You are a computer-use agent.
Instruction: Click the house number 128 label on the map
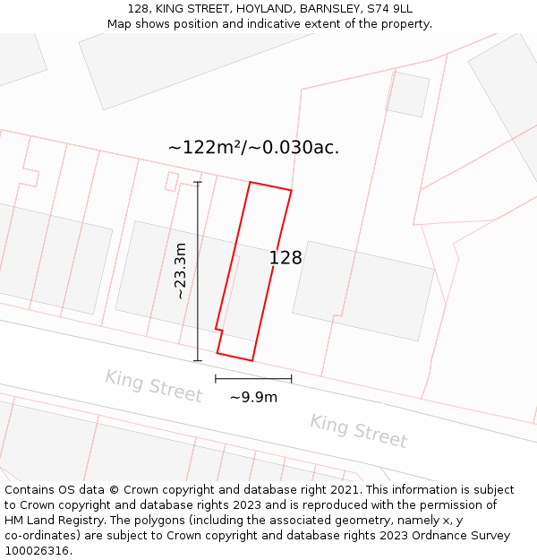click(x=286, y=258)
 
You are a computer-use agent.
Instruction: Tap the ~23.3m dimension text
click(x=180, y=271)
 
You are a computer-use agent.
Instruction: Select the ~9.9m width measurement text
click(x=253, y=397)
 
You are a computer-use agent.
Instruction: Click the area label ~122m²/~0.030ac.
click(x=253, y=148)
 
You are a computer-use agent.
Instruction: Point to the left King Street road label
click(x=153, y=386)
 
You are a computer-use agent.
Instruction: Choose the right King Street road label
click(x=358, y=431)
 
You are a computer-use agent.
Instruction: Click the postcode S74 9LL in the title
click(x=390, y=9)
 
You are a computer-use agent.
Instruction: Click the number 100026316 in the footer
click(x=37, y=551)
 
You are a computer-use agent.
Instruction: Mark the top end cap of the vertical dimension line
click(x=198, y=183)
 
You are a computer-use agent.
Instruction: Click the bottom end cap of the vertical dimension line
click(x=198, y=361)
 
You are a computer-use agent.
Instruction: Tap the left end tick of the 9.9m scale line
click(x=216, y=379)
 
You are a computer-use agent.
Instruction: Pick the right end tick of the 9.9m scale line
click(x=291, y=379)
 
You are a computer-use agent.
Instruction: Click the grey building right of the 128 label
click(x=362, y=290)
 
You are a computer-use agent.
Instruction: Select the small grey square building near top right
click(x=408, y=94)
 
